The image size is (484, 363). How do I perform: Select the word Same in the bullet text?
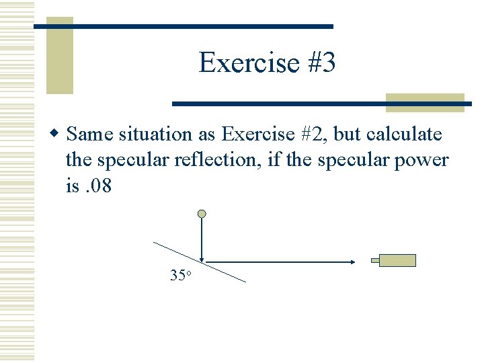click(x=91, y=134)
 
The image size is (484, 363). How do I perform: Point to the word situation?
click(x=155, y=134)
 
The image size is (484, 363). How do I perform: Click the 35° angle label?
click(x=182, y=275)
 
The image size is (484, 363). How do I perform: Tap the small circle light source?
click(x=202, y=214)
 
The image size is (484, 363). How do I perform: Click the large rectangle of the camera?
click(x=397, y=260)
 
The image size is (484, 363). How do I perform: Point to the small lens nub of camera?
click(x=375, y=260)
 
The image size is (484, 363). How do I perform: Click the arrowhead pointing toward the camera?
click(x=352, y=261)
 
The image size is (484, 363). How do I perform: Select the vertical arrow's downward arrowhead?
click(x=202, y=257)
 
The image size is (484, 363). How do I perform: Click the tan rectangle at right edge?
click(x=425, y=102)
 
